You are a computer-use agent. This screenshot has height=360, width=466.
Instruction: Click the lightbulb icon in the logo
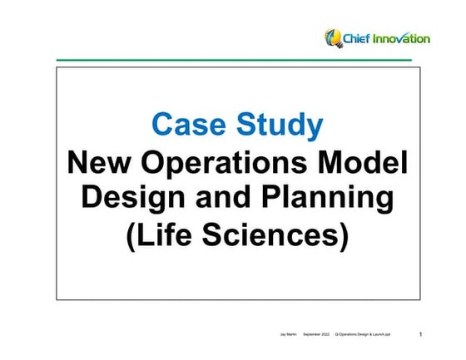click(333, 37)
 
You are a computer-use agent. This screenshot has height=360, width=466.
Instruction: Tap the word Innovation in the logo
click(402, 38)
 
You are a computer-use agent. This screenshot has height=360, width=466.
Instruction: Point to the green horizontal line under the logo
click(234, 60)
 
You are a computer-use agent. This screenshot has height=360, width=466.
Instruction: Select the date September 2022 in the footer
click(316, 334)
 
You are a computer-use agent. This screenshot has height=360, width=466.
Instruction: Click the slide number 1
click(420, 334)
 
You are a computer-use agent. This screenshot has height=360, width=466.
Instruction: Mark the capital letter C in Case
click(164, 125)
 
